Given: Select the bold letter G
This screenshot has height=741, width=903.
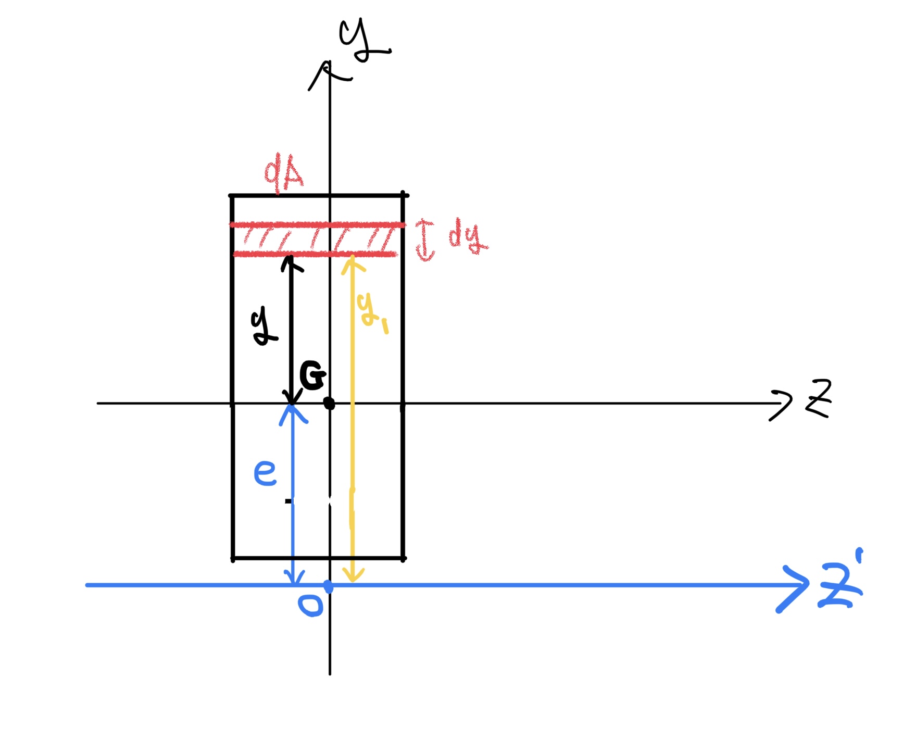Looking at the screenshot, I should tap(312, 375).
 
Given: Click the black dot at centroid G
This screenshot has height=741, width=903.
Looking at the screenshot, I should tap(329, 403).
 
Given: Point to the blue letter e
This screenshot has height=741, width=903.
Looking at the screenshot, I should tap(265, 472).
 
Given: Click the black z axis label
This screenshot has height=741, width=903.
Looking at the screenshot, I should tap(818, 398).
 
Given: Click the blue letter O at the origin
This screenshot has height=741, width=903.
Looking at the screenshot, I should tap(310, 605).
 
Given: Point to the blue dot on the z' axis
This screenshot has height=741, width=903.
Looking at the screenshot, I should tap(328, 586).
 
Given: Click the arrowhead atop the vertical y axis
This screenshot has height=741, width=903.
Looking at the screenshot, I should tap(328, 70).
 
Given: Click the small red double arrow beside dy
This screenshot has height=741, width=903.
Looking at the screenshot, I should tap(425, 240).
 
